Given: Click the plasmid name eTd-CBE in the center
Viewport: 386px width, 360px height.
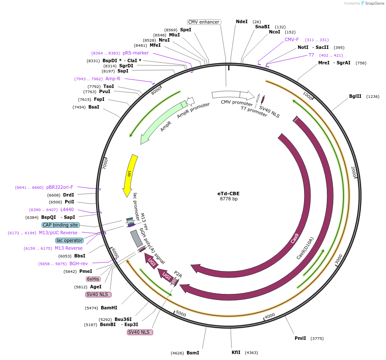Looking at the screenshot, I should pos(228,193).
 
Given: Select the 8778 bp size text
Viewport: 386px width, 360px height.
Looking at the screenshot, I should pos(228,199).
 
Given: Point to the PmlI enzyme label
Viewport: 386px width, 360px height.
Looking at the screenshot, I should pos(300,338).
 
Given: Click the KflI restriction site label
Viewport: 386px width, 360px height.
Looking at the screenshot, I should pos(236,352).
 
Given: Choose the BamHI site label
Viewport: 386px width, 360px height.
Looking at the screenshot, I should pos(109,308).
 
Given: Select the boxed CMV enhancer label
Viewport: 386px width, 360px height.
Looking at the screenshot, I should pos(204,22).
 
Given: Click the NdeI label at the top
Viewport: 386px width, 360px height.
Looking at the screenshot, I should pos(242,21).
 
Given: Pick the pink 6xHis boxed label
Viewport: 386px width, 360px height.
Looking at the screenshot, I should pos(93,279).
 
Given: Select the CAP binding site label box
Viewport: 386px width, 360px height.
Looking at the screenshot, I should pos(60,225).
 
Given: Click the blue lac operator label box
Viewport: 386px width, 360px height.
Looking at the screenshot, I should pos(69,240).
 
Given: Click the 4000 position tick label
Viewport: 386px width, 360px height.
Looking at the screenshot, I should pos(269,316).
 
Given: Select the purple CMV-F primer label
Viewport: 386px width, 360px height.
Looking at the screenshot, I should pos(292,39).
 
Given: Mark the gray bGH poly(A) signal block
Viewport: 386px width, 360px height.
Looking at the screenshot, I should pos(136,238).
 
